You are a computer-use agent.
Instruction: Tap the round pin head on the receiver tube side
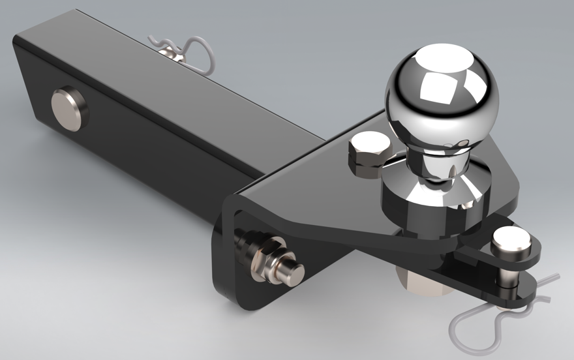coord(67,108)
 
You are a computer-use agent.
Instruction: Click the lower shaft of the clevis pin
coord(507,278)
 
